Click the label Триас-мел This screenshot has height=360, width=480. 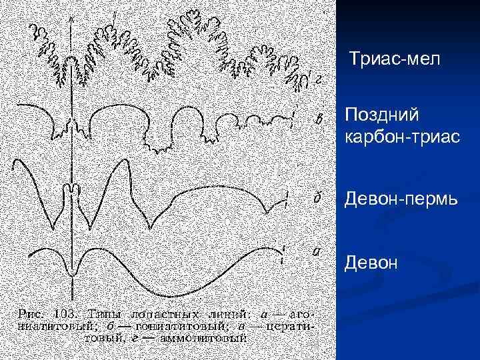point(395,61)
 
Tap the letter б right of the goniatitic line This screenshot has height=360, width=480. point(319,198)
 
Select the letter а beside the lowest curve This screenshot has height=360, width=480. point(317,252)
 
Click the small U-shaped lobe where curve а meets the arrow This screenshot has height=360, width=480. point(72,269)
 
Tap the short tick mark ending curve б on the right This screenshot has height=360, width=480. point(287,200)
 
